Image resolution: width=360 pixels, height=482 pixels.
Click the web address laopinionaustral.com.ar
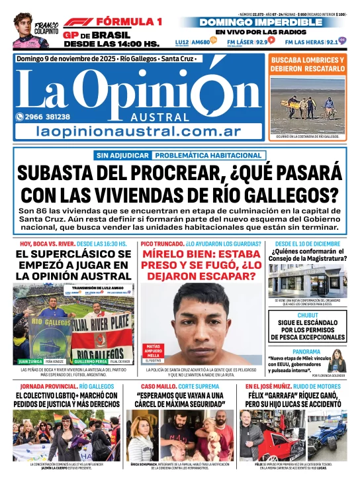pos(139,132)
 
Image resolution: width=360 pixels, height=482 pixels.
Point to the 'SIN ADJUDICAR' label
pos(123,155)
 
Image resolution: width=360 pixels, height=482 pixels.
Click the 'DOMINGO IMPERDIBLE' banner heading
pos(273,22)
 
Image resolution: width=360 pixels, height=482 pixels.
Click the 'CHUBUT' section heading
pos(307,316)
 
